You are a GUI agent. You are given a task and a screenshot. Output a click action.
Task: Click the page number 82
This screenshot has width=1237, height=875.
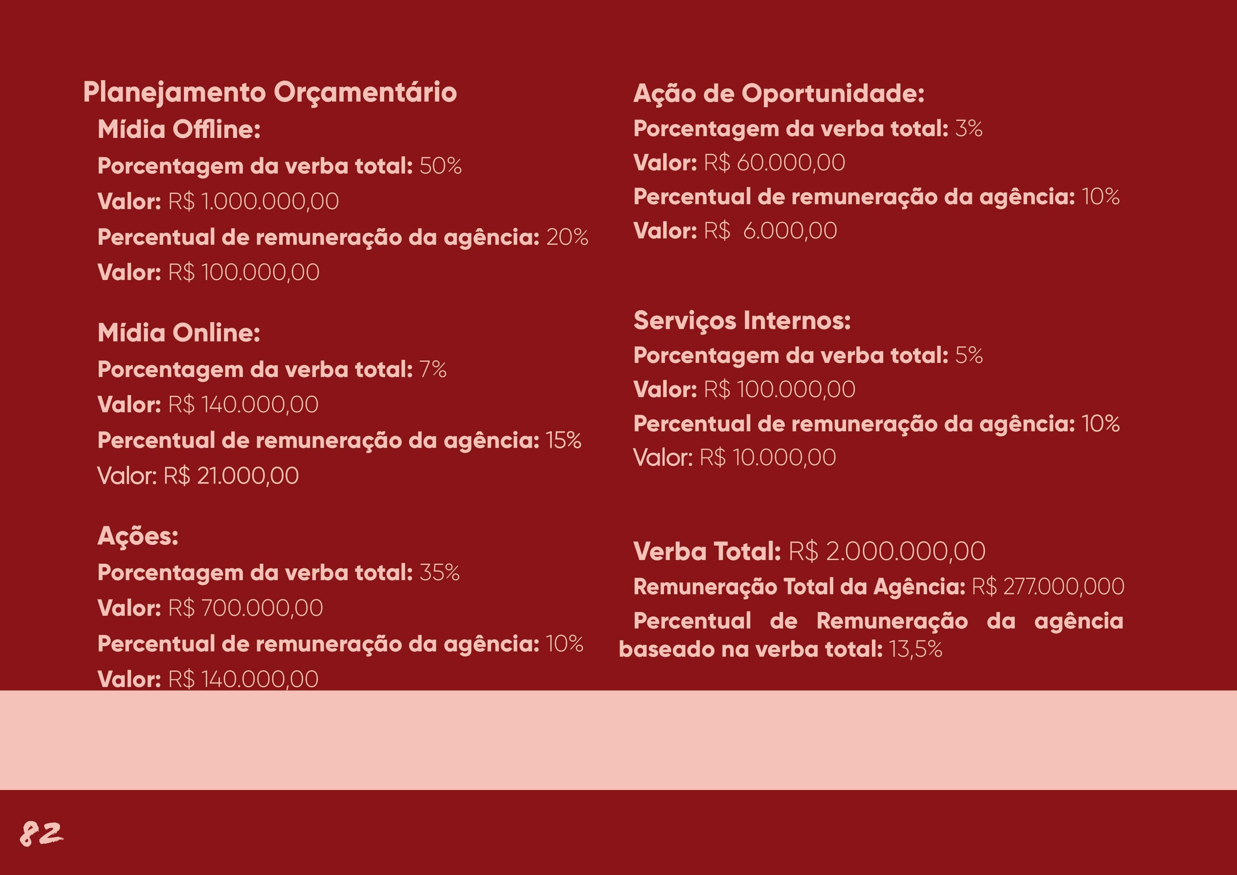click(42, 834)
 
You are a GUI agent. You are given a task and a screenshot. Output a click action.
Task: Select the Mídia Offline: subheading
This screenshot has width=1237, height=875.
click(179, 129)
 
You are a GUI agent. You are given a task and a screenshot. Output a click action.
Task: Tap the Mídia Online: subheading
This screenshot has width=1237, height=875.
click(179, 333)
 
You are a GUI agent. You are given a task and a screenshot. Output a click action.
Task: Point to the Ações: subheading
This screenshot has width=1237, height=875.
click(138, 536)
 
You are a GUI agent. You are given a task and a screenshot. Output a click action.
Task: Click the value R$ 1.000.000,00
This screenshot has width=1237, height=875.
click(253, 201)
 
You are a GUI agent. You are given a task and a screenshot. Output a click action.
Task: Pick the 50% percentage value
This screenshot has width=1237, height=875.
click(440, 166)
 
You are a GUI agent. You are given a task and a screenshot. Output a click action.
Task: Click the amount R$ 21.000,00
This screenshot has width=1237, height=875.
click(231, 476)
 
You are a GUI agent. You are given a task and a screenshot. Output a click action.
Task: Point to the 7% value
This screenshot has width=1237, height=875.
click(433, 370)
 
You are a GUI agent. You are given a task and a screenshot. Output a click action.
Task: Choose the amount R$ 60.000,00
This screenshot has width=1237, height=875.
click(774, 163)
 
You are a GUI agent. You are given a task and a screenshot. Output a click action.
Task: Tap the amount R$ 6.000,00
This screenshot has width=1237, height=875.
click(770, 231)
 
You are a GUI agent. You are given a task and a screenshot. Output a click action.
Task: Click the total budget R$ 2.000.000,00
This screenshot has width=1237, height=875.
click(887, 552)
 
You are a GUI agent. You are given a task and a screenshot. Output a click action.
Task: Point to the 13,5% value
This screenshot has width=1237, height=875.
click(915, 649)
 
